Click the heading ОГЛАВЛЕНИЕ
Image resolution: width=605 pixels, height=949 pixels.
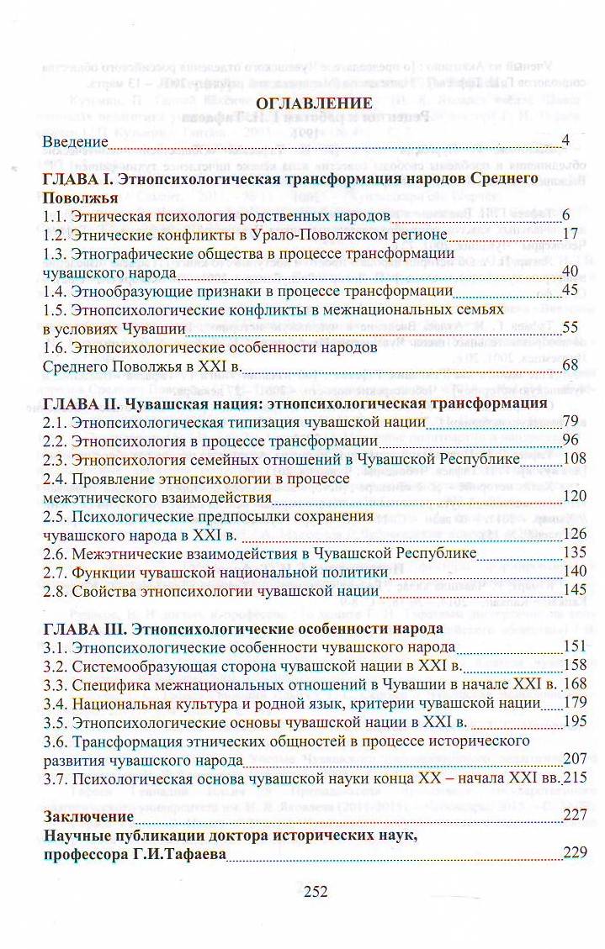pos(312,104)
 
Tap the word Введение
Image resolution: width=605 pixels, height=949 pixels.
pos(75,141)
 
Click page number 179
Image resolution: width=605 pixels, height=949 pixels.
pos(573,703)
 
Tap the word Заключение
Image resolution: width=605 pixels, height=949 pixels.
pos(88,816)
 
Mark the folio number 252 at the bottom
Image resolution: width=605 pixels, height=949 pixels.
pos(314,892)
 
